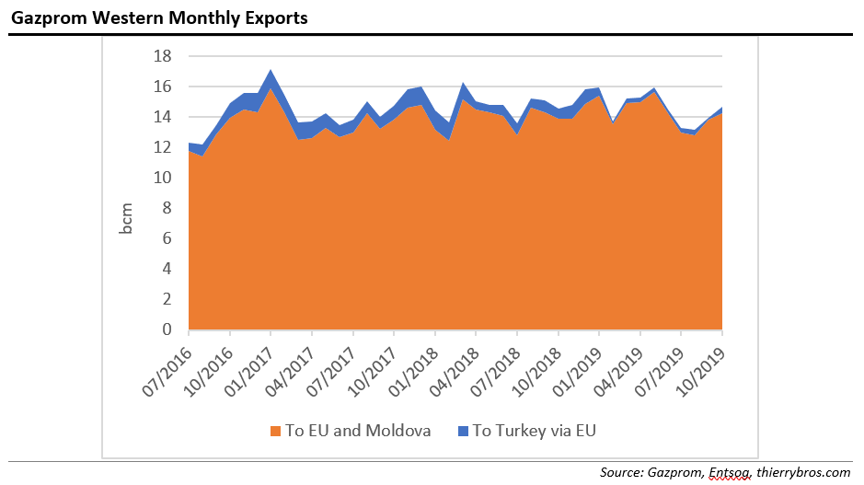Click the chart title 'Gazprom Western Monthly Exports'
point(159,17)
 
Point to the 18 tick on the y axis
point(162,56)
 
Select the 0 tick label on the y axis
point(167,329)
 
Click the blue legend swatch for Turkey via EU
point(463,430)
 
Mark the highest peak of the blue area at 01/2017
point(271,71)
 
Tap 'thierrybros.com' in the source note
point(805,472)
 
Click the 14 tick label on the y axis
point(162,117)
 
